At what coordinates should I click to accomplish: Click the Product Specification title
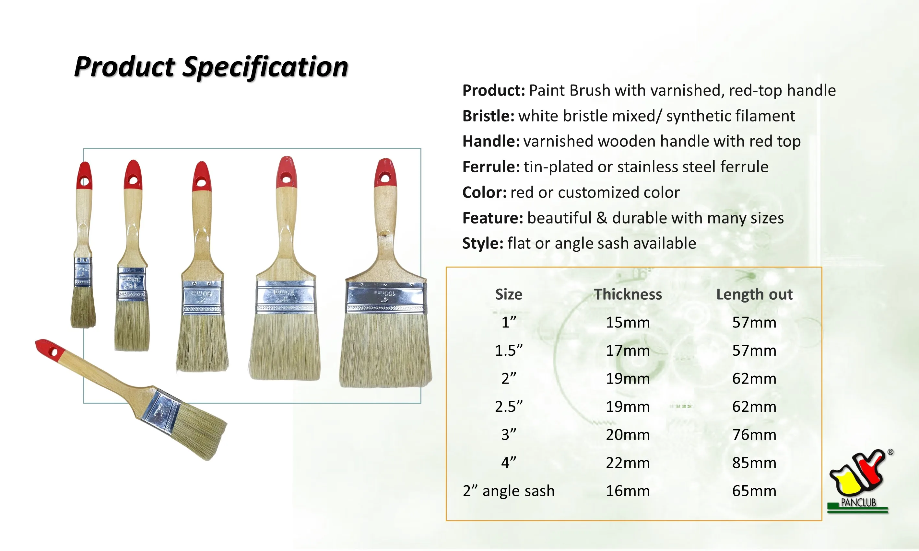click(x=211, y=67)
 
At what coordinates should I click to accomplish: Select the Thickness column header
click(x=628, y=294)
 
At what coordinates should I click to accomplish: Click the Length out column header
click(x=754, y=294)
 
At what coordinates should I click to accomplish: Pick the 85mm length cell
click(x=754, y=463)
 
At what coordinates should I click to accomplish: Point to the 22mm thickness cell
click(x=628, y=463)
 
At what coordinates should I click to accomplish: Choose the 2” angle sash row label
click(x=509, y=491)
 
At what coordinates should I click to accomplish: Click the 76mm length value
click(x=754, y=435)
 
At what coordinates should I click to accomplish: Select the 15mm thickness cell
click(x=628, y=322)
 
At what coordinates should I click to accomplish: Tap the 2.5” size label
click(x=509, y=407)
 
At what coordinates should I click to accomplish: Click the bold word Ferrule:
click(x=491, y=167)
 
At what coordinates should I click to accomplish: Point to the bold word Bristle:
click(x=488, y=116)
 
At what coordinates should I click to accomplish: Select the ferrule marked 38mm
click(x=132, y=284)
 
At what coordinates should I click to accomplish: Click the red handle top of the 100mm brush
click(x=385, y=173)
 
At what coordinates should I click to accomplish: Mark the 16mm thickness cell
click(x=628, y=491)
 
